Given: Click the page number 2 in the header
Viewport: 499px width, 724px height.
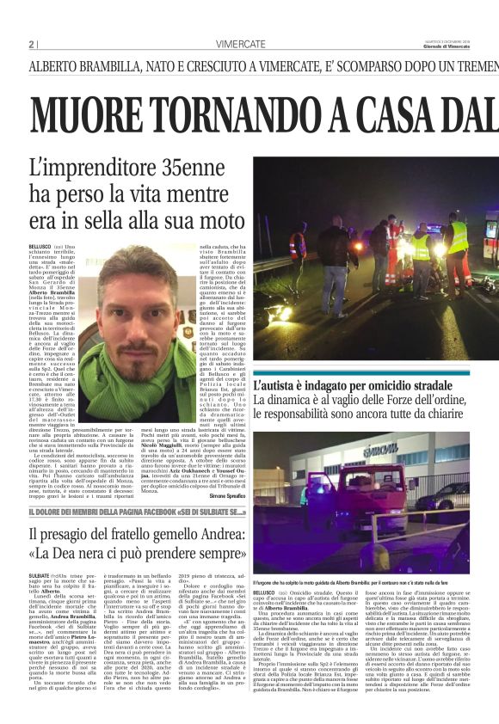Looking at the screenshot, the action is [x=31, y=45].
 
